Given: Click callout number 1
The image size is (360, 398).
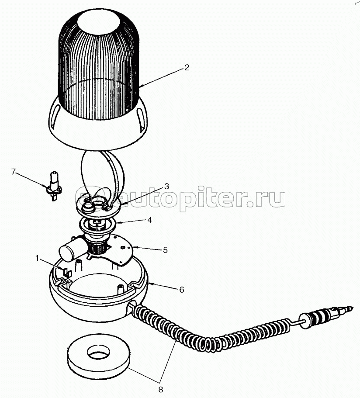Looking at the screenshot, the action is pyautogui.click(x=37, y=258).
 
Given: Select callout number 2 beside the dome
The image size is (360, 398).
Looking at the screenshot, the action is pyautogui.click(x=187, y=68).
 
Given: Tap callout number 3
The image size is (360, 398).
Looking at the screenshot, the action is pyautogui.click(x=166, y=187).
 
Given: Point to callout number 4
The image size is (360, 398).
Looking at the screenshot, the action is pyautogui.click(x=150, y=220).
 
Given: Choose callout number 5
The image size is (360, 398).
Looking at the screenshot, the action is pyautogui.click(x=165, y=250).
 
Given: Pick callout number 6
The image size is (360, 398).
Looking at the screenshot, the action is pyautogui.click(x=181, y=290).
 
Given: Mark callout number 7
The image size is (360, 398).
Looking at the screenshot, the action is pyautogui.click(x=14, y=172).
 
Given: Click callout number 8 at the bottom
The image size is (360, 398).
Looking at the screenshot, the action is pyautogui.click(x=160, y=389).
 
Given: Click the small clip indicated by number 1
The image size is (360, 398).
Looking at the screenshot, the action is pyautogui.click(x=66, y=273).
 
